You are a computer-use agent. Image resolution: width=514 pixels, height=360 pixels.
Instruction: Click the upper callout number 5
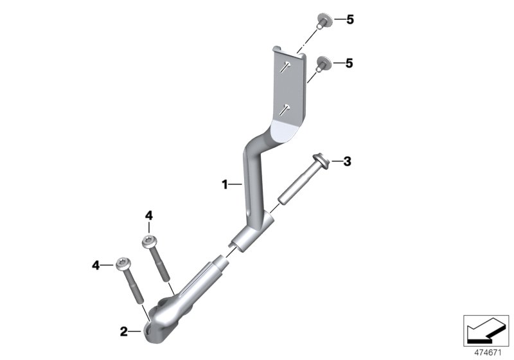pyautogui.click(x=350, y=20)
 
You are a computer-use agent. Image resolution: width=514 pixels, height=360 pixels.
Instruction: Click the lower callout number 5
pyautogui.click(x=350, y=63)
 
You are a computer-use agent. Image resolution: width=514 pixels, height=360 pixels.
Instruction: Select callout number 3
pyautogui.click(x=347, y=161)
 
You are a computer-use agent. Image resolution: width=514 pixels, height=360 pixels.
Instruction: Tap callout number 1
pyautogui.click(x=224, y=184)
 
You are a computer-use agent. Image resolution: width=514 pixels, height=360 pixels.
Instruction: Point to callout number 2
pyautogui.click(x=123, y=332)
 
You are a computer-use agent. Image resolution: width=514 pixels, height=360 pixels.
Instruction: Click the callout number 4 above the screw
pyautogui.click(x=149, y=216)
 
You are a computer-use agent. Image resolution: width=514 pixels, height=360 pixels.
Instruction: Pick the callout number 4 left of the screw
pyautogui.click(x=96, y=265)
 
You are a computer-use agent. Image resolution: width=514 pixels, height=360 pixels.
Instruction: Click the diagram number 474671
pyautogui.click(x=488, y=353)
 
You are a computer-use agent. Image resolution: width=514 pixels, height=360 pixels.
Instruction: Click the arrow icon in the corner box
pyautogui.click(x=486, y=330)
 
